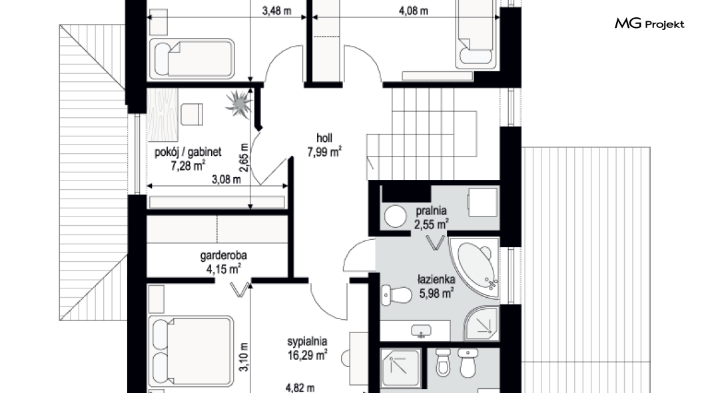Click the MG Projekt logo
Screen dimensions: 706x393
[649, 23]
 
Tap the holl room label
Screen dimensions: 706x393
[324, 138]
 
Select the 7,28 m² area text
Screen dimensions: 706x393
[188, 166]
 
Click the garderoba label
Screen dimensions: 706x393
[223, 256]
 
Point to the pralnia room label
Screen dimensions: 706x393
[432, 210]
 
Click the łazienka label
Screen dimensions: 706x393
[436, 280]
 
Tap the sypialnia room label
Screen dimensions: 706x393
[307, 341]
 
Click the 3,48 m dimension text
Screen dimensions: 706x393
[277, 11]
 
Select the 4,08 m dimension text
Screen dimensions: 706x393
[414, 11]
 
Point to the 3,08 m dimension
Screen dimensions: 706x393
[226, 180]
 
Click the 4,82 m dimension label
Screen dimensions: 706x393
[300, 388]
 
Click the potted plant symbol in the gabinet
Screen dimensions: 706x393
[238, 103]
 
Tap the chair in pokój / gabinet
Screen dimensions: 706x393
[192, 114]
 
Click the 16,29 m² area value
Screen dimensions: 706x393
[307, 355]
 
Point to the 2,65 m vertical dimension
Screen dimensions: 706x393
[244, 158]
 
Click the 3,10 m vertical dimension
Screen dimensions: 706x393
[244, 357]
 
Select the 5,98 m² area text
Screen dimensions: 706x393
[436, 294]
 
